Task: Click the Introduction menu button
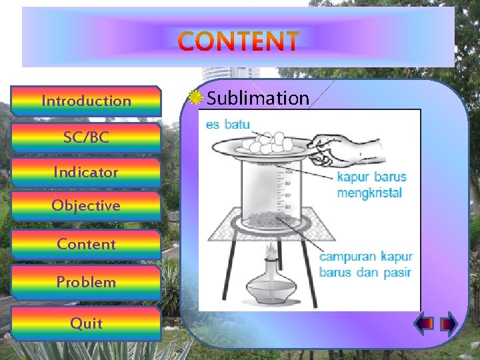point(87,101)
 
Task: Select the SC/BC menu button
point(87,138)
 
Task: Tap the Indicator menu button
point(87,172)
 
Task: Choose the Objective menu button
point(87,205)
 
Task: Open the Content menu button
point(87,244)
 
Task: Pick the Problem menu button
point(87,282)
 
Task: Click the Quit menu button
point(87,323)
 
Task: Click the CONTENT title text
point(239,42)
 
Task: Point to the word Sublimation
point(258,99)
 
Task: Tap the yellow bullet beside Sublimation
point(195,98)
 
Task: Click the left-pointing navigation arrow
point(423,323)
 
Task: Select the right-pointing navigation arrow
point(448,323)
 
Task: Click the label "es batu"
point(228,124)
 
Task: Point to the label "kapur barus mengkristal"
point(371,185)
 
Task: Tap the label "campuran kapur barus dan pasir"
point(366,264)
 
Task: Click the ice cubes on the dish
point(267,140)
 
